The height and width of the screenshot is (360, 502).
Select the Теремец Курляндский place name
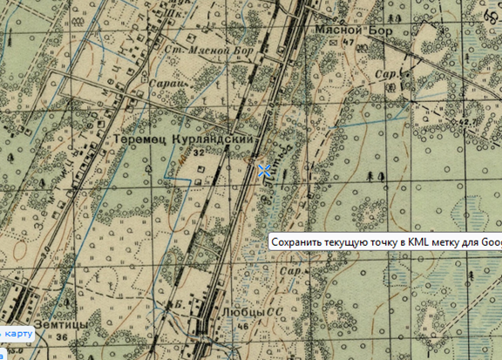point(186,139)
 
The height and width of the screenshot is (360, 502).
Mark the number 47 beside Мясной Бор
point(349,42)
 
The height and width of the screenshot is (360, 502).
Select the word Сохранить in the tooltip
point(296,242)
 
